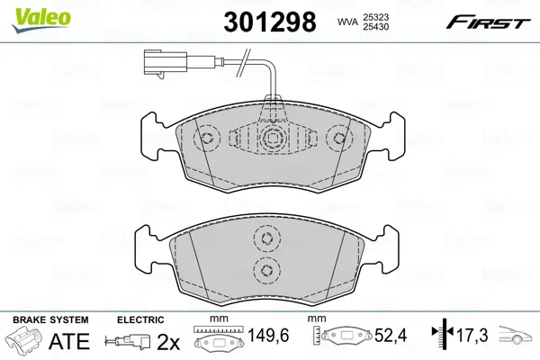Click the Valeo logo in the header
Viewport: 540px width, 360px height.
[x=31, y=10]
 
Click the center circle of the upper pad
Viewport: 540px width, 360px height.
[x=274, y=138]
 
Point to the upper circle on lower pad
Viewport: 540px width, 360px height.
[x=265, y=238]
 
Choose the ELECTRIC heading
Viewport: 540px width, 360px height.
[x=140, y=320]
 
